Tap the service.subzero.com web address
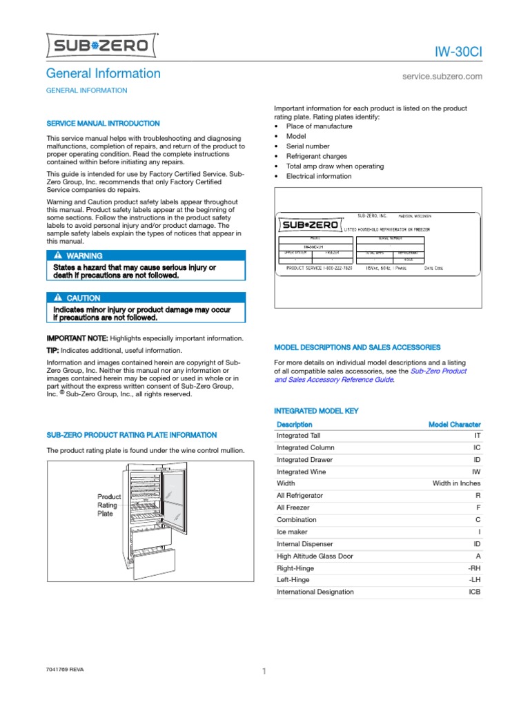click(442, 77)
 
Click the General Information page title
click(103, 73)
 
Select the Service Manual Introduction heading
click(103, 123)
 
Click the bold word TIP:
click(56, 351)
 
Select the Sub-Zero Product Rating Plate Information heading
click(131, 435)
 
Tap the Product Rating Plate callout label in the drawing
click(109, 505)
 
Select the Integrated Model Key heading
click(316, 411)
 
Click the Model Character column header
click(454, 425)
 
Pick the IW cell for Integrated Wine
click(475, 472)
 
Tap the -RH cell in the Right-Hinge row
click(474, 568)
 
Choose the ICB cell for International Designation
click(474, 592)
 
